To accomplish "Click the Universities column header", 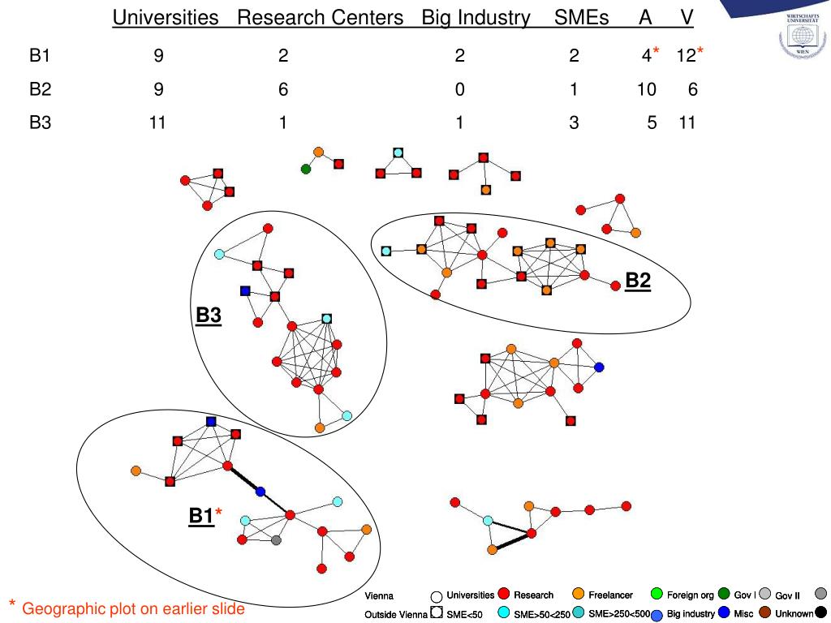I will pos(166,18).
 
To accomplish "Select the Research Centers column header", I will pos(321,18).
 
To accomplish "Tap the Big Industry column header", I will pos(476,18).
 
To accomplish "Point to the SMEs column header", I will pos(582,18).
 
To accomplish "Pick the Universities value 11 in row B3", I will pos(157,124).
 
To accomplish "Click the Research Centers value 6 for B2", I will pos(283,90).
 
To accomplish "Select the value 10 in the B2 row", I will pos(646,90).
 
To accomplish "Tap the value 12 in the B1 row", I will pos(687,56).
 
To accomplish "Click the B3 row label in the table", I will pos(41,124).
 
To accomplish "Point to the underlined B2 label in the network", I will pos(638,281).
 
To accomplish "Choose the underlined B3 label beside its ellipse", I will pos(209,315).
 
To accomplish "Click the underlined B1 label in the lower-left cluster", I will pos(201,516).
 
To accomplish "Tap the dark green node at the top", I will pos(306,169).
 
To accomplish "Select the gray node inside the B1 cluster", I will pos(277,540).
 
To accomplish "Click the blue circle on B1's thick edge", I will pos(260,492).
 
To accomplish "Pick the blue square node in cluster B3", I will pos(245,290).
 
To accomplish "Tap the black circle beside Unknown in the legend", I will pos(821,613).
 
